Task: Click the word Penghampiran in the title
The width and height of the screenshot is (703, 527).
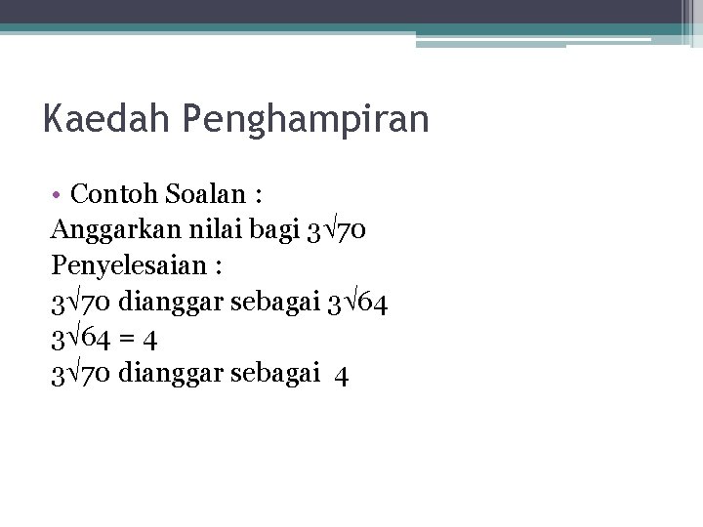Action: [x=306, y=121]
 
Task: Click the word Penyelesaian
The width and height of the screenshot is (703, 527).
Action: [x=122, y=265]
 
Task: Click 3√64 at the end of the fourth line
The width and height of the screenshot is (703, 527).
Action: [x=358, y=303]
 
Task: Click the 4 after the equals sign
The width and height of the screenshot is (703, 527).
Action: [x=150, y=339]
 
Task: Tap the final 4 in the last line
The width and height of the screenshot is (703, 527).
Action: [x=341, y=375]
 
